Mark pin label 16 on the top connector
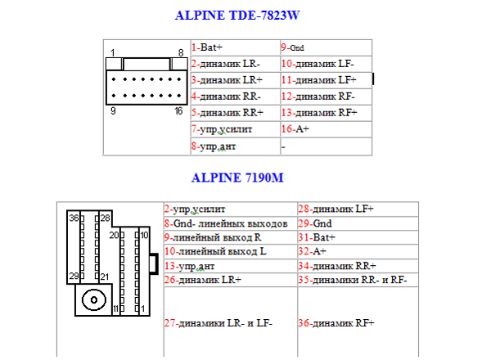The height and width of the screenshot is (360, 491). tap(178, 110)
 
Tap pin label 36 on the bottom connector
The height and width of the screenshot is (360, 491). tap(74, 218)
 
